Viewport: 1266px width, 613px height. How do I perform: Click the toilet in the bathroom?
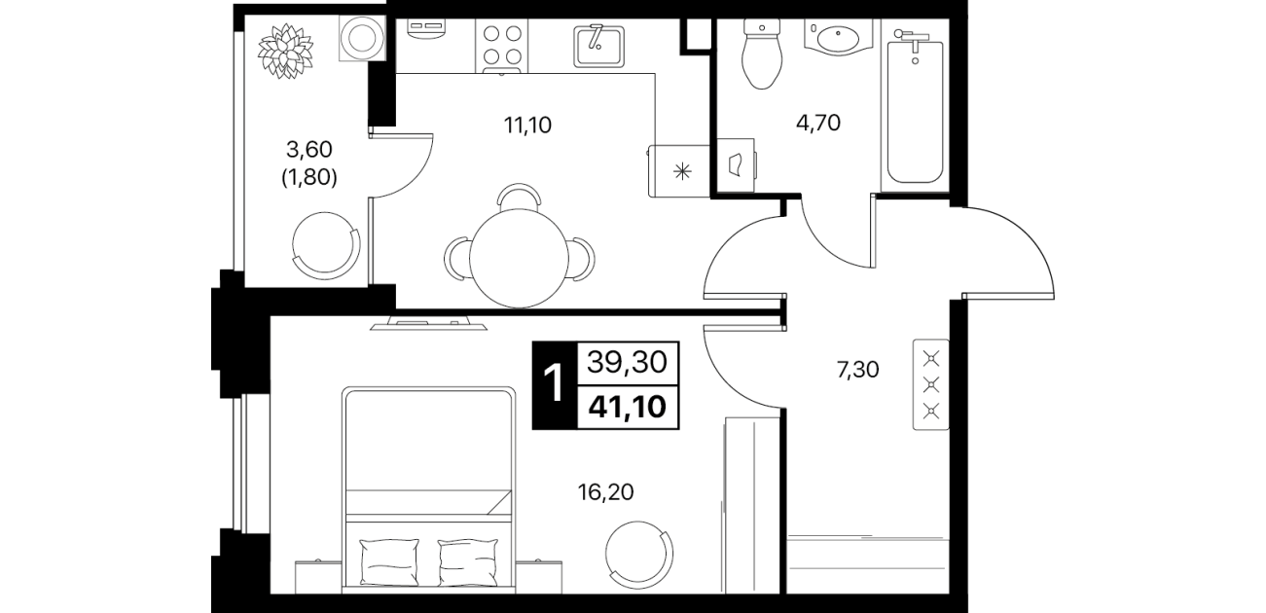point(763,54)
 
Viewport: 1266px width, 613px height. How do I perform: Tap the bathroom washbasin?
point(839,37)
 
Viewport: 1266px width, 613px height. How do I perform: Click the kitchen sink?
point(599,46)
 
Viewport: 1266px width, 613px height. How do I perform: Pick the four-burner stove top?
point(502,47)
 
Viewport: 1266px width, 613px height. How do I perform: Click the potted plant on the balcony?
point(285,52)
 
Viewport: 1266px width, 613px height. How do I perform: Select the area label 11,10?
point(527,125)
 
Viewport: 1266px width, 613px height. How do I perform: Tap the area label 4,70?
point(818,123)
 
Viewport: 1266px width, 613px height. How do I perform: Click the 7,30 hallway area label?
point(858,370)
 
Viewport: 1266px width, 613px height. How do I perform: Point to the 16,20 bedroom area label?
point(606,492)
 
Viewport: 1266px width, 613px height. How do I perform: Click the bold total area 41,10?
point(628,406)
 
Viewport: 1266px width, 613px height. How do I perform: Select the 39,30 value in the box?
point(628,362)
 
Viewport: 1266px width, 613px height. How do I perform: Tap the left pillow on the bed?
point(389,562)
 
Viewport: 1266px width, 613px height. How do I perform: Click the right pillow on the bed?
point(468,562)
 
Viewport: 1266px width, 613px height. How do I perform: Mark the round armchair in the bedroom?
point(639,555)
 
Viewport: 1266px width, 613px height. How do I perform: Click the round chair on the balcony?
point(326,246)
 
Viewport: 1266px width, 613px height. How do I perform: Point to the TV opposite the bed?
point(428,324)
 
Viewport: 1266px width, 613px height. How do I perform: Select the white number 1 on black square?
point(555,385)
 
